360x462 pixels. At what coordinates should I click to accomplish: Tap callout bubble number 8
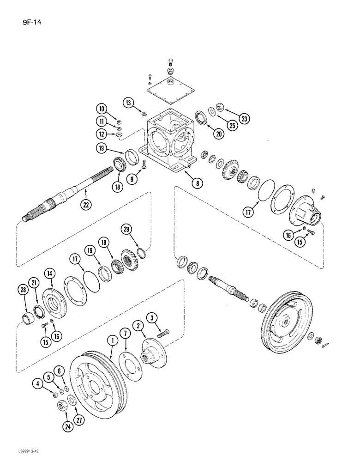tap(198, 183)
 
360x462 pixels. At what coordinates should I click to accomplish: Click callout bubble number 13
tap(129, 103)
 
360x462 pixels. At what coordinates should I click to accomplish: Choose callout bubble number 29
tap(127, 229)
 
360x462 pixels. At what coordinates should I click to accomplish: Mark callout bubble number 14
tap(49, 274)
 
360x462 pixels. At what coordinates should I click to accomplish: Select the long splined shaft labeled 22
tap(69, 195)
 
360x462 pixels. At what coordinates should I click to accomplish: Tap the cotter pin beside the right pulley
tap(328, 344)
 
